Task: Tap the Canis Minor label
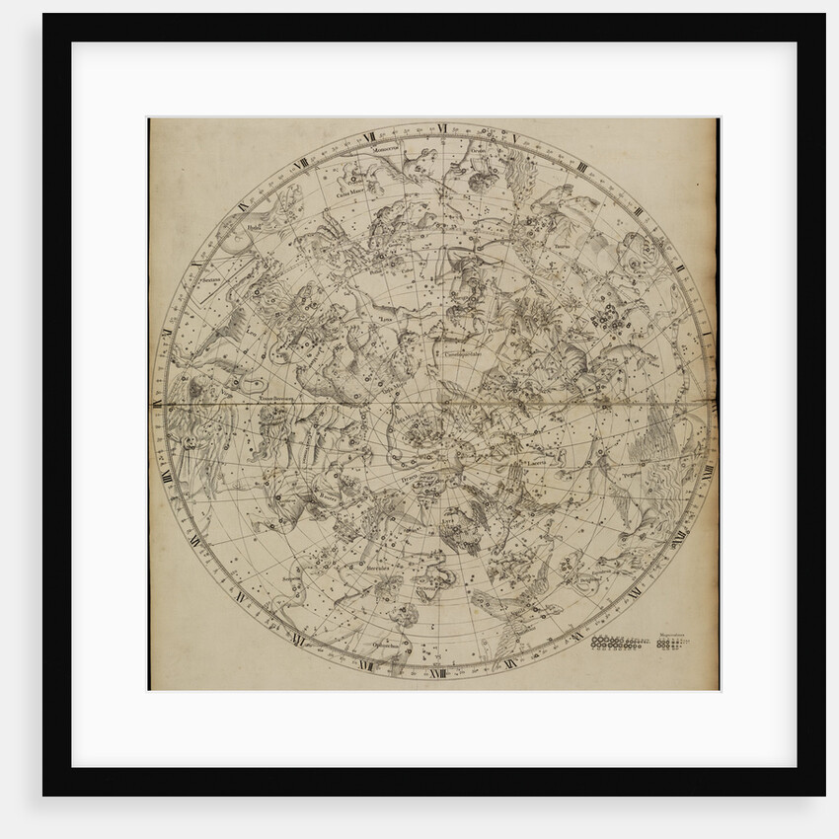pyautogui.click(x=350, y=193)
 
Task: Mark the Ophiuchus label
pyautogui.click(x=386, y=647)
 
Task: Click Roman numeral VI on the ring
pyautogui.click(x=443, y=127)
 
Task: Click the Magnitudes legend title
pyautogui.click(x=674, y=637)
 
